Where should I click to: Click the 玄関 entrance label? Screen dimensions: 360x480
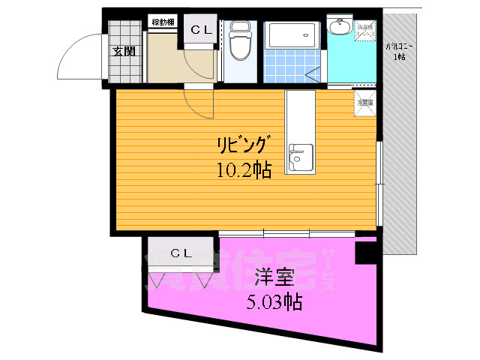[x=124, y=52]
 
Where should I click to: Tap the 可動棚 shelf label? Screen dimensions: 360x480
[x=163, y=22]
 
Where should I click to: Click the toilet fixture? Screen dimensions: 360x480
[x=241, y=41]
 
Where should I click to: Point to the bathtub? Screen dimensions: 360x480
[x=293, y=34]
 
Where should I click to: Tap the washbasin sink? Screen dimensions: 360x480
[x=339, y=28]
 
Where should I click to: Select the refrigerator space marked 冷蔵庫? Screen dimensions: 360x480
[x=365, y=103]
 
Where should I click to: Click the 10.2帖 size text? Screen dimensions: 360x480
[x=244, y=169]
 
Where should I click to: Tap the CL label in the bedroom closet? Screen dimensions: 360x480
[x=180, y=252]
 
